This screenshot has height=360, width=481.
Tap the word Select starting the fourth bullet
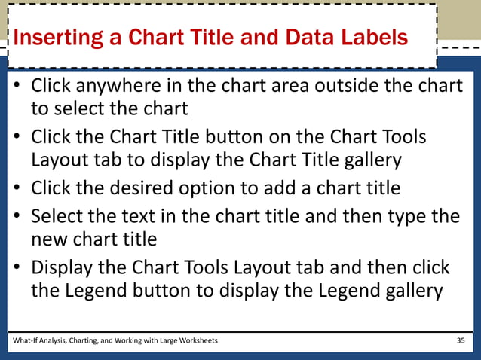[x=56, y=217]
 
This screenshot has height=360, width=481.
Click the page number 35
[x=461, y=341]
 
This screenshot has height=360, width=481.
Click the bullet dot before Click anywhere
[x=16, y=87]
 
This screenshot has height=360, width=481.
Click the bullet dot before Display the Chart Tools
[x=16, y=268]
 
